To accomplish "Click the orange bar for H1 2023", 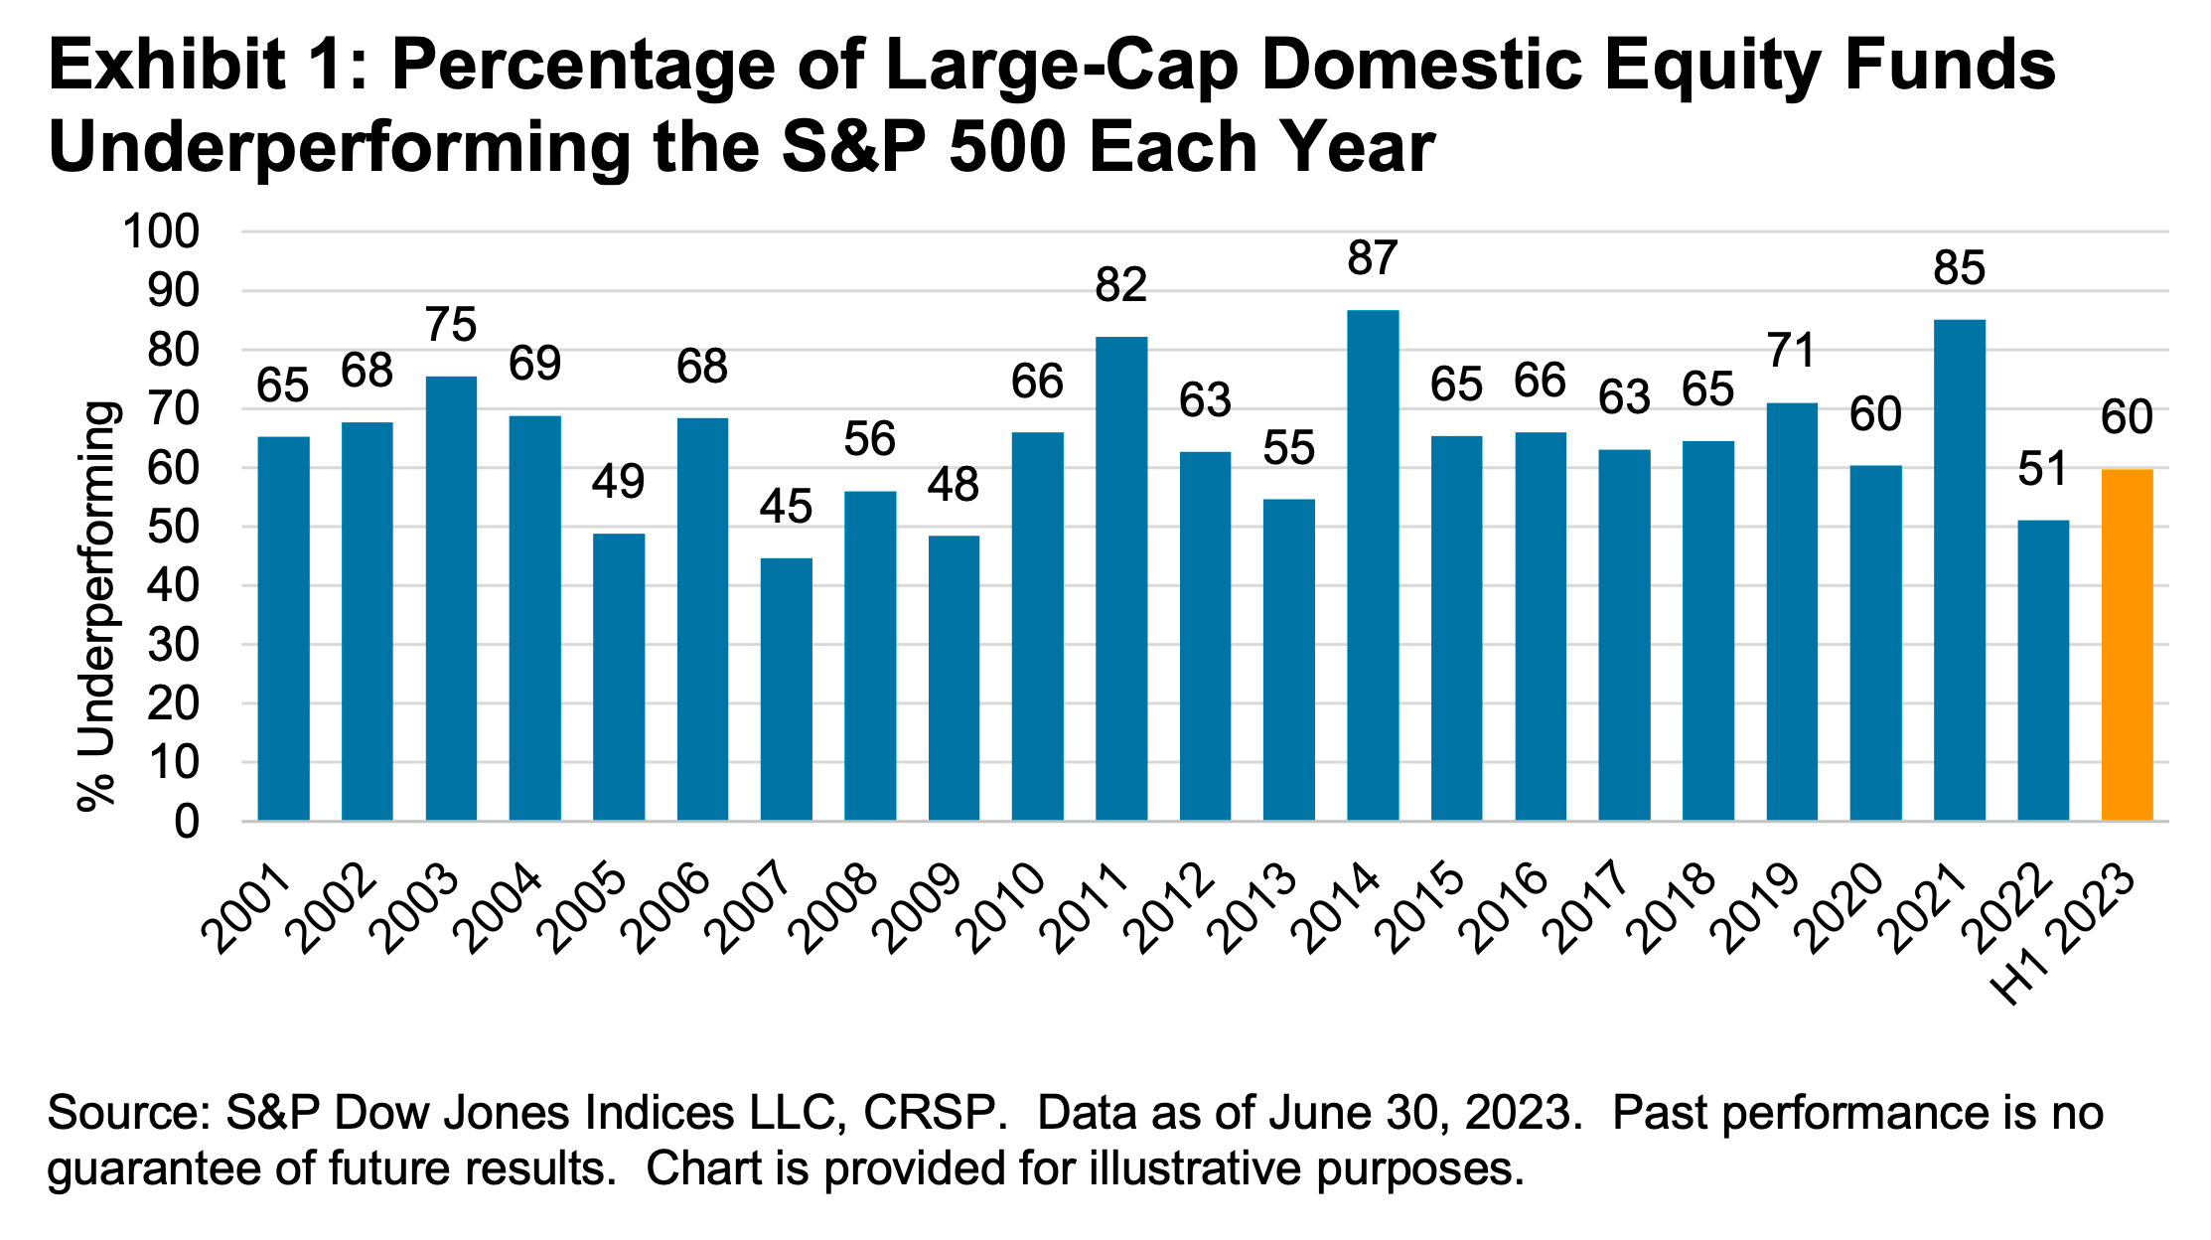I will coord(2127,646).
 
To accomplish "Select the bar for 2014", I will coord(1373,566).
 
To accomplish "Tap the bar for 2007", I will coord(786,690).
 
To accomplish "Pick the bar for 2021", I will coord(1959,570).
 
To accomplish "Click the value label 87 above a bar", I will coord(1373,258).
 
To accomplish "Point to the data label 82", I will coord(1121,285).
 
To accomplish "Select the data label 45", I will coord(786,507).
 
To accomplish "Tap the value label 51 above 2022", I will coord(2042,469).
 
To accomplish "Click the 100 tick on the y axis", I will coord(160,232).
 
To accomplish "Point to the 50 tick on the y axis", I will coord(173,527).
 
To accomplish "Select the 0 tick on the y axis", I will coord(186,822).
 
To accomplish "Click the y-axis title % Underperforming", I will coord(98,606).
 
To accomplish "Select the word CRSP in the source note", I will coord(929,1113).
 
